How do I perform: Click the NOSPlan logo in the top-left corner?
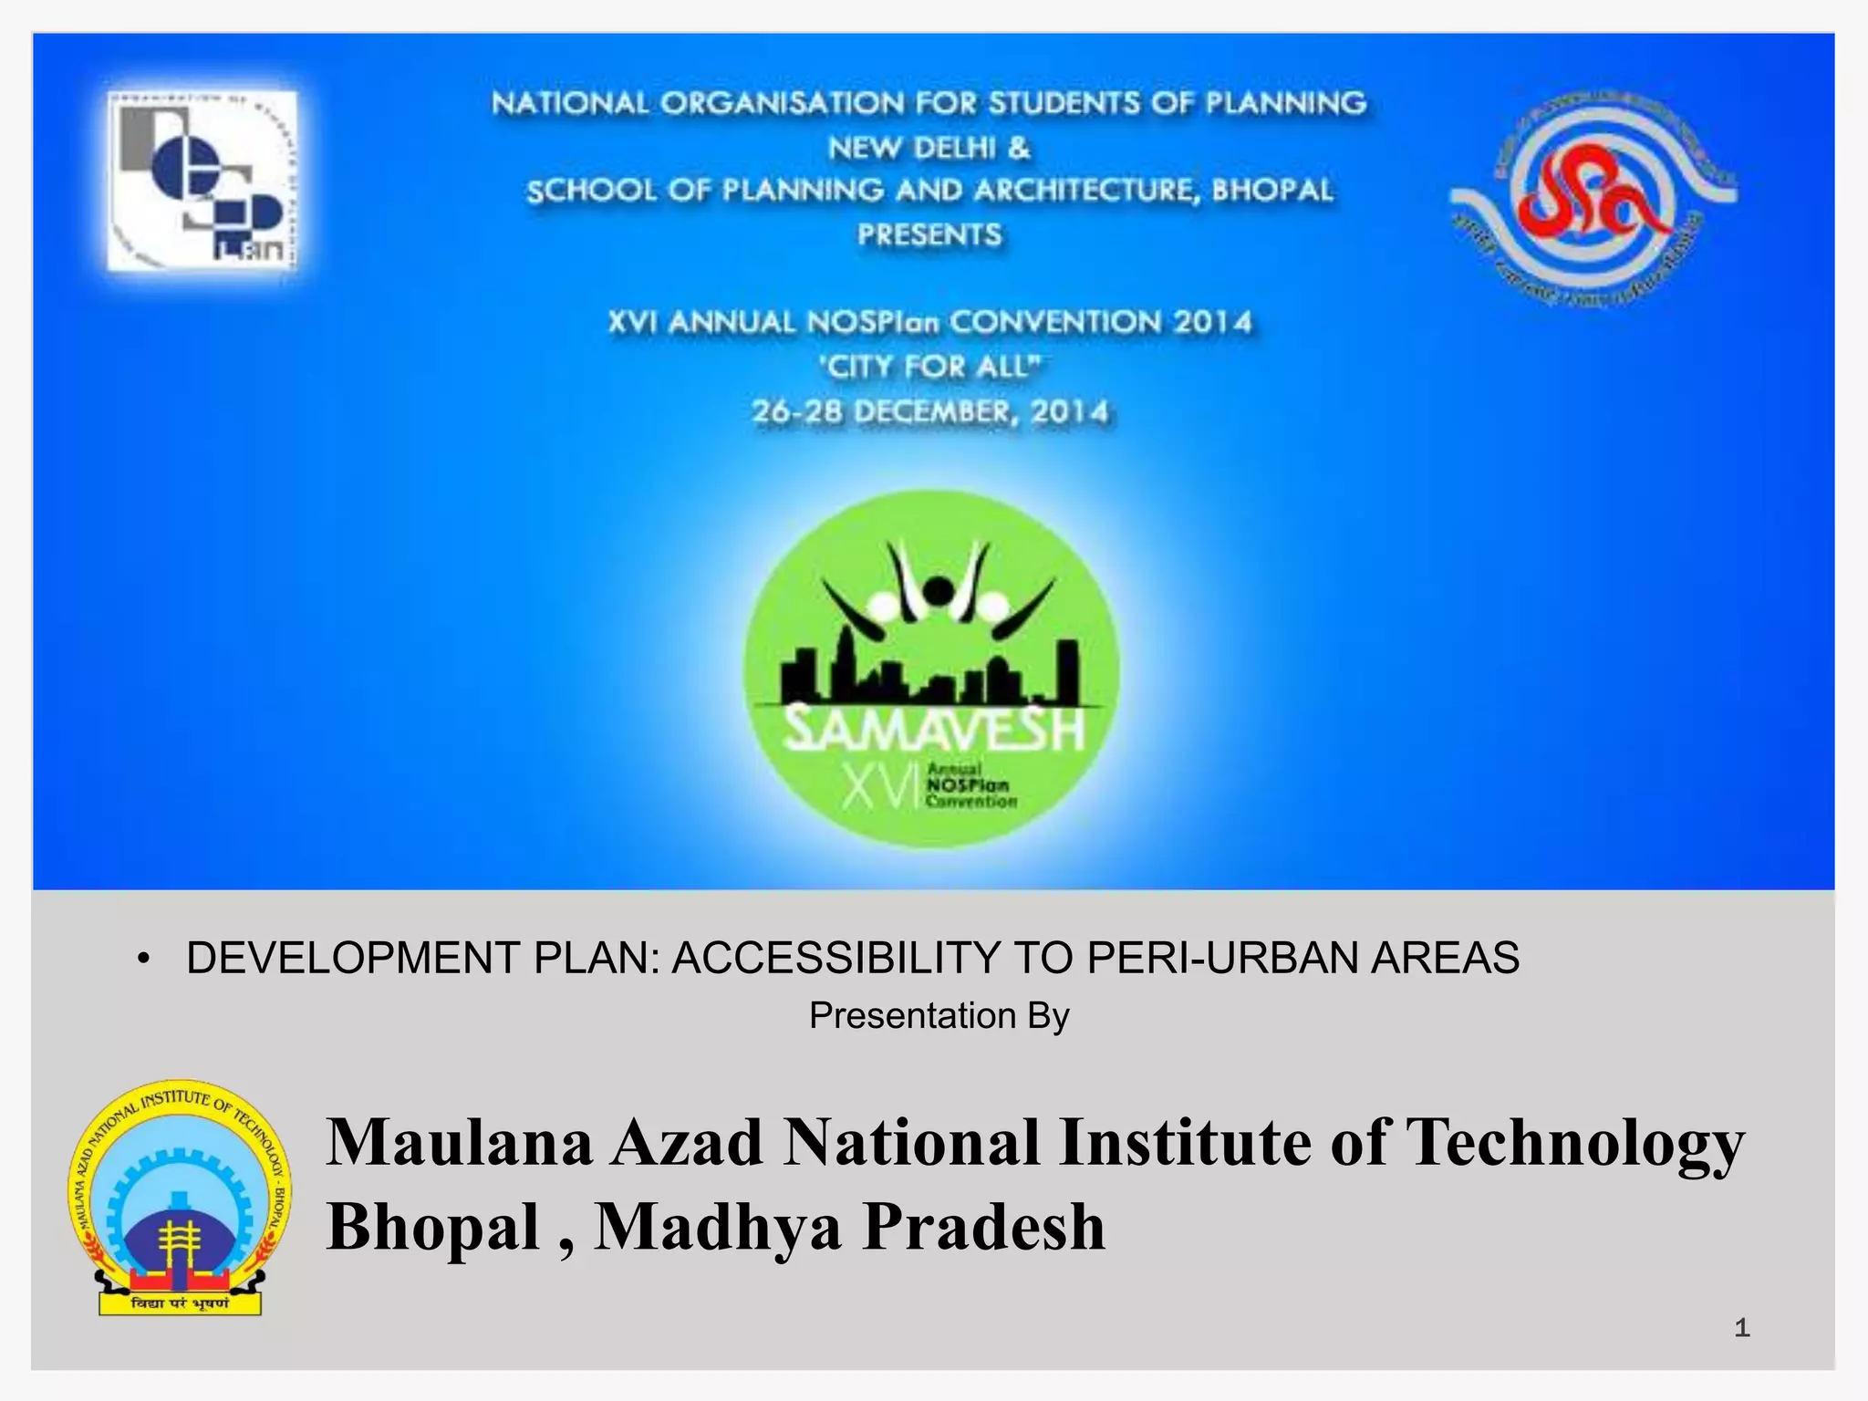pyautogui.click(x=202, y=181)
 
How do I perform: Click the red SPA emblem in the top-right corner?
pyautogui.click(x=1593, y=199)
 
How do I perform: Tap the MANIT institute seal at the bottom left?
pyautogui.click(x=180, y=1198)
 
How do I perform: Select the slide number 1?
pyautogui.click(x=1741, y=1328)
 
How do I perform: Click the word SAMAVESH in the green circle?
pyautogui.click(x=934, y=731)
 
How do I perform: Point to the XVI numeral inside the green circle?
pyautogui.click(x=877, y=787)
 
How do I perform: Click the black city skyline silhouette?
pyautogui.click(x=930, y=675)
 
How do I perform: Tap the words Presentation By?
pyautogui.click(x=939, y=1016)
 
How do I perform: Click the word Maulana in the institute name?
pyautogui.click(x=460, y=1143)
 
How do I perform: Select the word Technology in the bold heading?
pyautogui.click(x=1574, y=1143)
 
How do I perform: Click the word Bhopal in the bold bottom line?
pyautogui.click(x=434, y=1227)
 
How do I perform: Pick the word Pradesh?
pyautogui.click(x=984, y=1227)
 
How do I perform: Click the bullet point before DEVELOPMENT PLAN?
pyautogui.click(x=143, y=960)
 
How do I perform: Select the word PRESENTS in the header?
pyautogui.click(x=929, y=235)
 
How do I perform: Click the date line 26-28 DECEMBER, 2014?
pyautogui.click(x=930, y=412)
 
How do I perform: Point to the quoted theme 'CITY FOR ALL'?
pyautogui.click(x=930, y=367)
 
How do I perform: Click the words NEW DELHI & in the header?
pyautogui.click(x=929, y=148)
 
